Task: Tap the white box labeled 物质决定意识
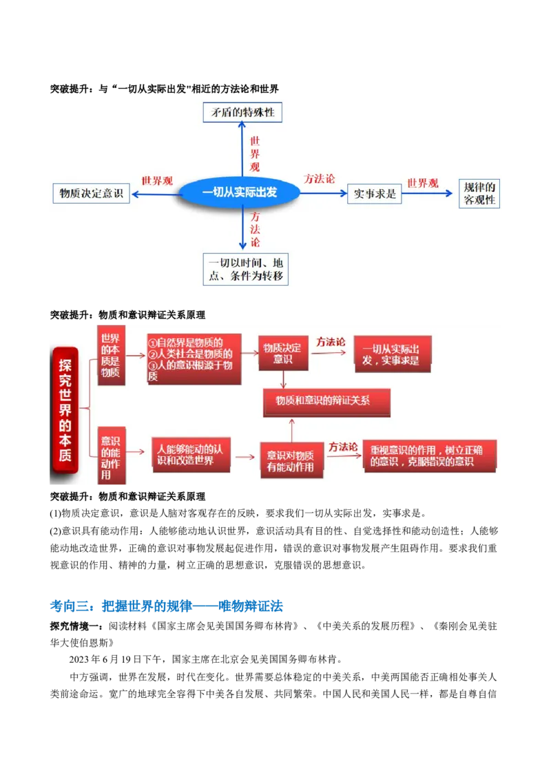(x=91, y=193)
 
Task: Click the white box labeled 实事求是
(x=375, y=193)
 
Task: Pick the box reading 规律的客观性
(x=479, y=194)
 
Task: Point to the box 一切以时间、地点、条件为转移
(x=246, y=269)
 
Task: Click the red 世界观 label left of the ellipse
(x=157, y=181)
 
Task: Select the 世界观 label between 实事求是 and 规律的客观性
(x=422, y=183)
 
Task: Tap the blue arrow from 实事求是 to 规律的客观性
(x=430, y=193)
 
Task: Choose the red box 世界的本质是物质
(x=110, y=356)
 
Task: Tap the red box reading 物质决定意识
(x=282, y=354)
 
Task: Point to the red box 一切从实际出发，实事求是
(x=391, y=354)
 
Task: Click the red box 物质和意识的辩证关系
(x=326, y=402)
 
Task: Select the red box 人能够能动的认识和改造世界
(x=190, y=454)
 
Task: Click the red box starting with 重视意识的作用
(x=430, y=456)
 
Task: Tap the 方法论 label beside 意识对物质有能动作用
(x=343, y=447)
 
